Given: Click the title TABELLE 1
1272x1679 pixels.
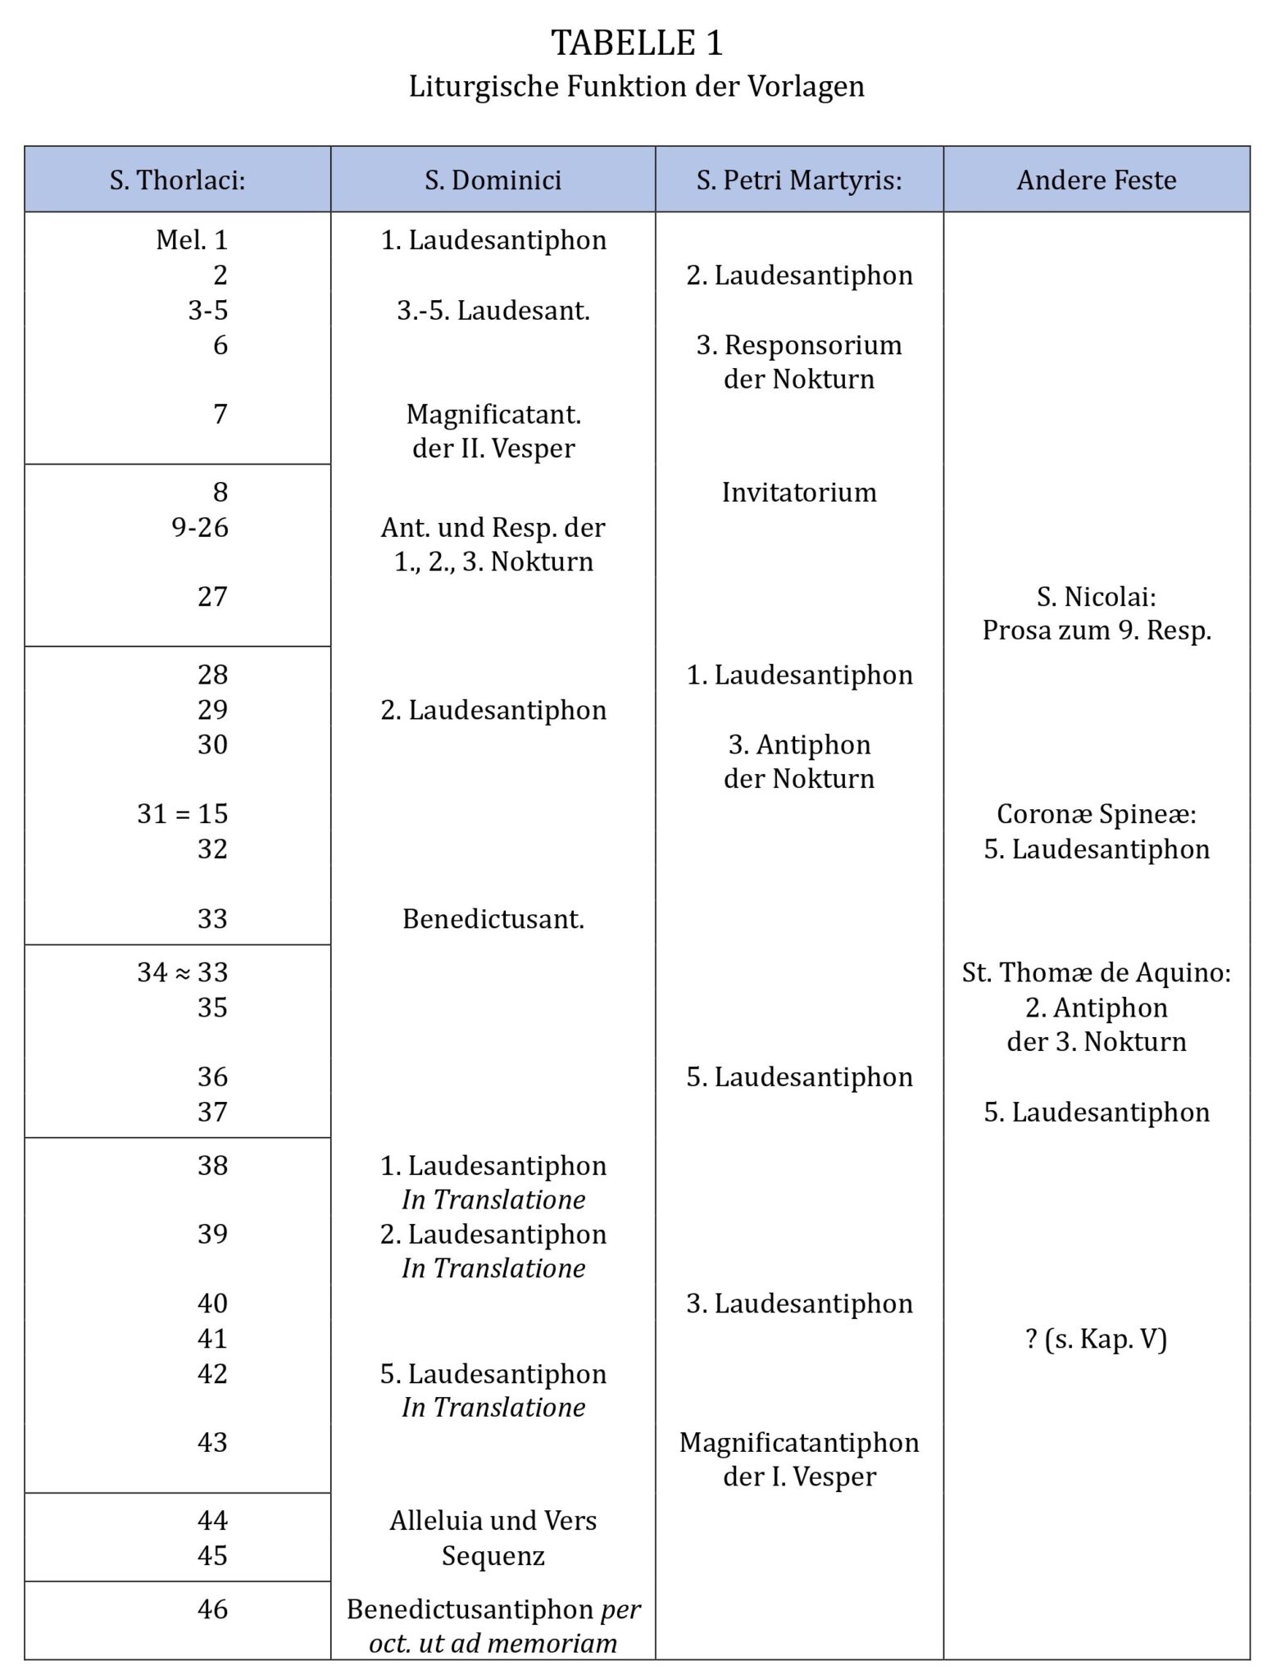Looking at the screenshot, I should tap(637, 43).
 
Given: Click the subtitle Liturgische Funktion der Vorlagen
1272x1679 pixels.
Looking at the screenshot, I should tap(637, 86).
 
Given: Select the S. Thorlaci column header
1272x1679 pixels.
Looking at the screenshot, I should tap(178, 180).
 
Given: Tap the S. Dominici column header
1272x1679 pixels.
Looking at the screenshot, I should tap(493, 180).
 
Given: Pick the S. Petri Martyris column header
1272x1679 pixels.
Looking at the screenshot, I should tap(799, 180).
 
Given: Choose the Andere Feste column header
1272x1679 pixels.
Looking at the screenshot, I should tap(1097, 180).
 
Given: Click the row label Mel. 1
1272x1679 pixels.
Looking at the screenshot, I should tap(192, 240).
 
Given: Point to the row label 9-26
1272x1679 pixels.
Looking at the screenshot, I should tap(200, 527).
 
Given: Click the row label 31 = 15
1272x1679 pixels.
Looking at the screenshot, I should tap(183, 814).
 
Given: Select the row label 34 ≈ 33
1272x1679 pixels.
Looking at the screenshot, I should tap(183, 972).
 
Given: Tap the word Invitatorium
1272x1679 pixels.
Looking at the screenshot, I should tap(799, 492).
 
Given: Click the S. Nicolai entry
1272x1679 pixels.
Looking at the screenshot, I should tap(1097, 597).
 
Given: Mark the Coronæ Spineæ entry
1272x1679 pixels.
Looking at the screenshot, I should tap(1097, 814).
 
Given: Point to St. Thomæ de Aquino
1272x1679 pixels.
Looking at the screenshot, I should tap(1097, 973).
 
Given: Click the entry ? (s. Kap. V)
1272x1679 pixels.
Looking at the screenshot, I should tap(1097, 1339).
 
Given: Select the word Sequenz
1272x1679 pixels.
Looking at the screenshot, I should tap(493, 1555).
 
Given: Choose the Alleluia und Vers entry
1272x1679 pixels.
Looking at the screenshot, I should tap(493, 1520).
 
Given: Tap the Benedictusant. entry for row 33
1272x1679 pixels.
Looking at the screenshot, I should tap(493, 919).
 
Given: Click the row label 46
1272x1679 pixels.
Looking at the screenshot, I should tap(212, 1608).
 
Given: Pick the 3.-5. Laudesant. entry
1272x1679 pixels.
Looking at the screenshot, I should tap(493, 311).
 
